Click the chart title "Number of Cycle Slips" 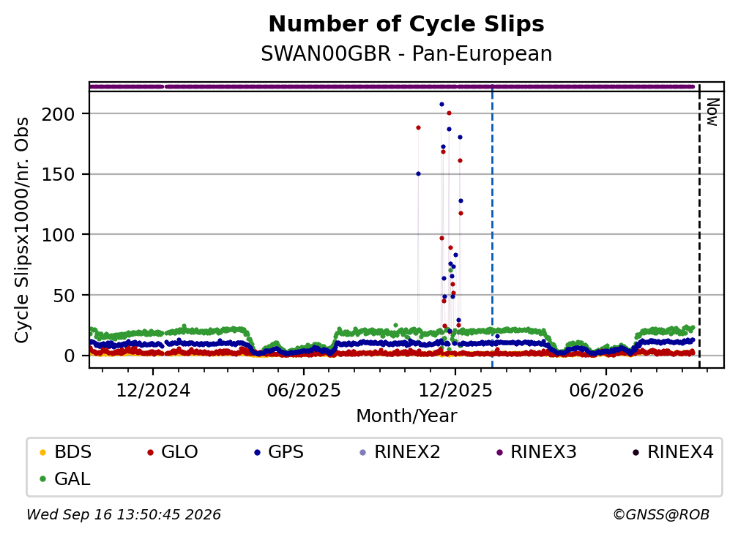[406, 24]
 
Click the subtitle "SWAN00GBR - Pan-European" [406, 53]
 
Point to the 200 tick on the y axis [59, 114]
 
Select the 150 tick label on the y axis [59, 174]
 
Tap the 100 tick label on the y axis [59, 235]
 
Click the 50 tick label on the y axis [64, 296]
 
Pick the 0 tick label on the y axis [70, 356]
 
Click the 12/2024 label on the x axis [153, 390]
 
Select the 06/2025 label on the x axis [304, 390]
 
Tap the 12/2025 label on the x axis [455, 390]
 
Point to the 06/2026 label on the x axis [605, 390]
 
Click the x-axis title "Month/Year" [406, 416]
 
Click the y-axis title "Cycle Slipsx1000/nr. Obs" [22, 230]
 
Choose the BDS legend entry [65, 452]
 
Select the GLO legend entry [172, 452]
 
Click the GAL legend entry [64, 479]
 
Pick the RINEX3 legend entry [536, 452]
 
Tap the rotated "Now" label [712, 112]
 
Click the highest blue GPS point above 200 [441, 105]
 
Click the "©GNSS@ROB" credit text [661, 514]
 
